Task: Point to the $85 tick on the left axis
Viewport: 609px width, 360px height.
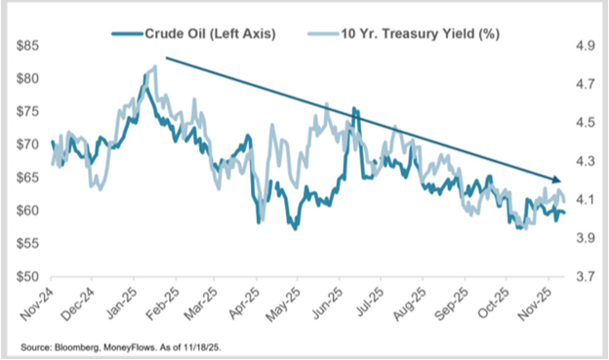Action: tap(27, 46)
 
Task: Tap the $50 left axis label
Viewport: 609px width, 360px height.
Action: tap(27, 276)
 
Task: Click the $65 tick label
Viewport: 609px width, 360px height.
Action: tap(27, 178)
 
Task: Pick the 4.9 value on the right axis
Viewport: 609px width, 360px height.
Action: tap(585, 46)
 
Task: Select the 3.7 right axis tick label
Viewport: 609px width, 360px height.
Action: tap(585, 276)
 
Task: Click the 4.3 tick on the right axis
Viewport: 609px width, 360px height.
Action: tap(585, 161)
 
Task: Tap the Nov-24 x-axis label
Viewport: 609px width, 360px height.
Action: tap(36, 303)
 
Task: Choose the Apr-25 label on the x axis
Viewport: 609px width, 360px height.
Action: tap(242, 303)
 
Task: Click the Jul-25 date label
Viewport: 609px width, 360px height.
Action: tap(366, 303)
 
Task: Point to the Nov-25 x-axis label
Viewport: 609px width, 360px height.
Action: tap(533, 303)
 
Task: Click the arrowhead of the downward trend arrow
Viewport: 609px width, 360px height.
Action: tap(557, 180)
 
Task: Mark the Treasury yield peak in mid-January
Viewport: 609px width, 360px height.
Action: tap(155, 66)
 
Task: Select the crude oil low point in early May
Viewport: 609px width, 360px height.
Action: tap(295, 228)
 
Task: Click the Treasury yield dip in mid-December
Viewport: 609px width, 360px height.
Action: tap(101, 188)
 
